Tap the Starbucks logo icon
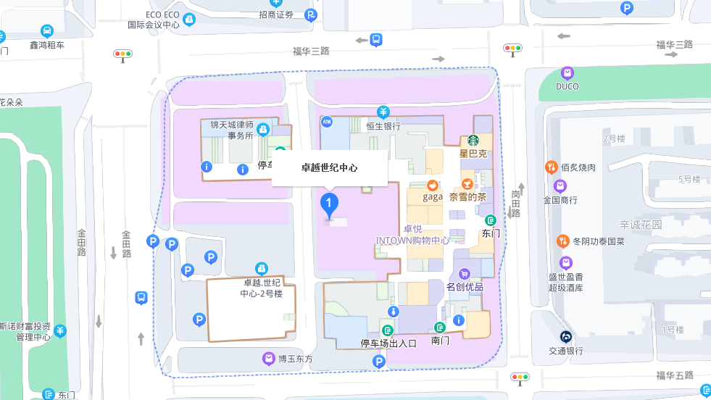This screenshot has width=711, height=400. click(473, 141)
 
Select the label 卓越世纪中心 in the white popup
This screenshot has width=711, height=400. click(329, 167)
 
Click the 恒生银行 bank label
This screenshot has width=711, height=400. click(383, 126)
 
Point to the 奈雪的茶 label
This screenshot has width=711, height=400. click(467, 196)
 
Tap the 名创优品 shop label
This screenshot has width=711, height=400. click(465, 287)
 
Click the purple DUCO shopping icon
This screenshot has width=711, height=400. click(567, 73)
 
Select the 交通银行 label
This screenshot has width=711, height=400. click(566, 351)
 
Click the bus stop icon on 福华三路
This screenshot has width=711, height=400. click(376, 40)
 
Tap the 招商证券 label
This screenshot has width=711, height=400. click(276, 14)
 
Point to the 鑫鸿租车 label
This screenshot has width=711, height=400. click(47, 45)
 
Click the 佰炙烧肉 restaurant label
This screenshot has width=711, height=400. click(578, 167)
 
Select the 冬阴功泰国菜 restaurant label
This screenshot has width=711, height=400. click(598, 241)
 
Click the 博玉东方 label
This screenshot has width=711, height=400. click(296, 359)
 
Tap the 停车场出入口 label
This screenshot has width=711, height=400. click(389, 343)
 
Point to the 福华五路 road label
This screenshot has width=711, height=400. click(675, 375)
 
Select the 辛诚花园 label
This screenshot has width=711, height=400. click(641, 225)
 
